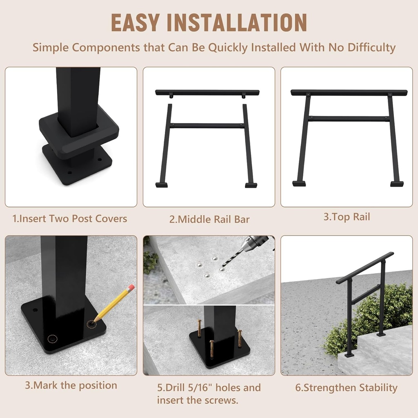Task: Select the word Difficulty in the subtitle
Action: click(x=371, y=47)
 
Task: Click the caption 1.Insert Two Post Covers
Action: click(x=70, y=218)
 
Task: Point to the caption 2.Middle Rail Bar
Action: click(x=209, y=219)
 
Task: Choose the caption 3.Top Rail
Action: click(x=347, y=217)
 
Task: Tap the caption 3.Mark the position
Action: click(x=71, y=385)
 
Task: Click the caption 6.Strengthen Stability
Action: click(x=346, y=387)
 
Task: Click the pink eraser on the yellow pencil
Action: click(x=131, y=289)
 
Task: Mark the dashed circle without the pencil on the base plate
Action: click(x=52, y=339)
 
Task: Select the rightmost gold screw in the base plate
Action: click(x=240, y=338)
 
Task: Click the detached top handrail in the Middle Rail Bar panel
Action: click(x=207, y=93)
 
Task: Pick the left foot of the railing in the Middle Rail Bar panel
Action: click(x=162, y=185)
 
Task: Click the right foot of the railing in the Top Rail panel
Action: click(x=397, y=184)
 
